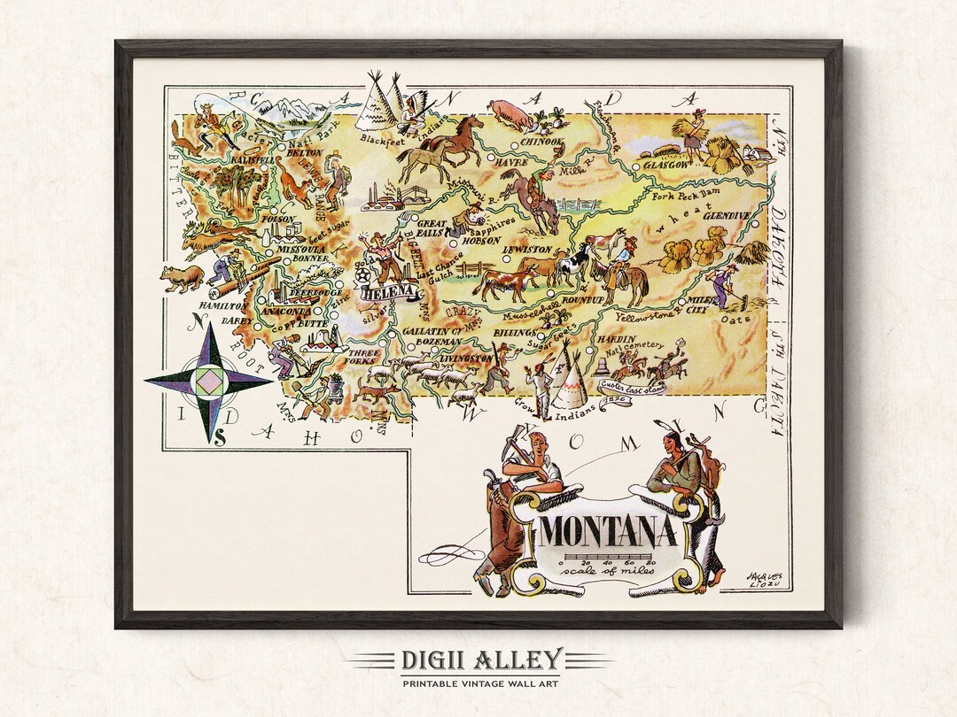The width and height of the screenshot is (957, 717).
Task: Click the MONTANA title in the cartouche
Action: coord(608,532)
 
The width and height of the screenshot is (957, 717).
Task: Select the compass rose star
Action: coord(210,382)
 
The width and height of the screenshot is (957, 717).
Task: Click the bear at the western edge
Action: coord(182,278)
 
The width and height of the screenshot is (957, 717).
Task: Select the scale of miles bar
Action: coord(608,560)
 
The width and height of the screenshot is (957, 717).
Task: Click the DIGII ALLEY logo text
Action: coord(479,659)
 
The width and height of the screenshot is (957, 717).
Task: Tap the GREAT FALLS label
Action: coord(432,228)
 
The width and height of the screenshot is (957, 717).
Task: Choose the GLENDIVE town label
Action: coord(727,214)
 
